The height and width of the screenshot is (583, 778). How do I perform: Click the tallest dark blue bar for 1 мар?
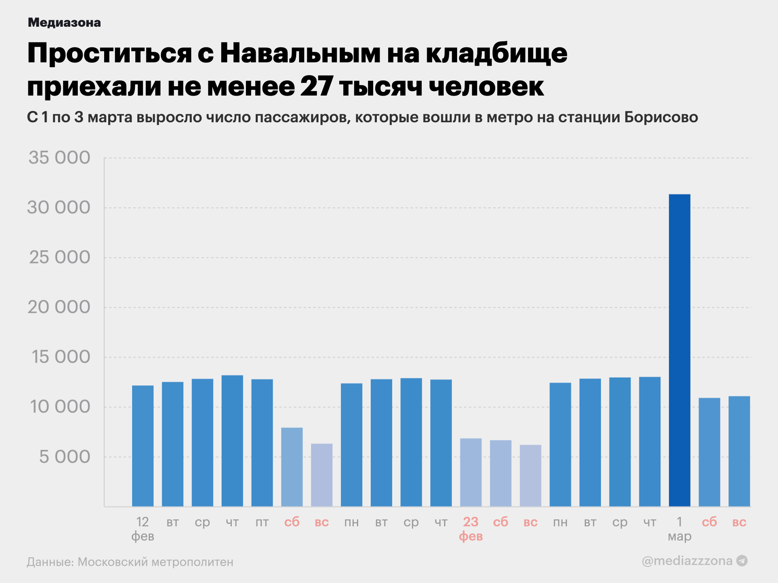[x=679, y=350]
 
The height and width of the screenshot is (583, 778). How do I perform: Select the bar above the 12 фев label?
[x=143, y=445]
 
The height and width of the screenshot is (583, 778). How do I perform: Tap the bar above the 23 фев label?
[x=470, y=472]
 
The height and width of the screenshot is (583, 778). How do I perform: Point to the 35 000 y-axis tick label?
[x=59, y=157]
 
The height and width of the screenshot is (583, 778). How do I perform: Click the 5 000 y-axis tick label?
[x=64, y=457]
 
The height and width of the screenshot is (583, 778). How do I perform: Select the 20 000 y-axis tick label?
[x=59, y=307]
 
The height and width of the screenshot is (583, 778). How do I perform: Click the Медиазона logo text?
[x=64, y=23]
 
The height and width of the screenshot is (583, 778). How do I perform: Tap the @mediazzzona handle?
[x=687, y=561]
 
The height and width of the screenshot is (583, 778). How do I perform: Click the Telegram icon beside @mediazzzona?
[x=742, y=561]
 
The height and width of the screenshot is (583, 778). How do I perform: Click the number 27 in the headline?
[x=316, y=86]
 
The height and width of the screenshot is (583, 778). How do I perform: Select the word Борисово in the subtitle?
[x=661, y=117]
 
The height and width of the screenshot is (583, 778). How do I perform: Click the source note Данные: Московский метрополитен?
[x=130, y=562]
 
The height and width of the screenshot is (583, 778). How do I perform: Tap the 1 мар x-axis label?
[x=680, y=529]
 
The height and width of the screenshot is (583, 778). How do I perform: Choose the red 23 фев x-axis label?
[x=470, y=529]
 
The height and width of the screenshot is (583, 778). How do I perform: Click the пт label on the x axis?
[x=262, y=522]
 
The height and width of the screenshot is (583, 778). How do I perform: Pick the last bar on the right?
[x=739, y=451]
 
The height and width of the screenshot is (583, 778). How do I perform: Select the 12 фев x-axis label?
[x=143, y=529]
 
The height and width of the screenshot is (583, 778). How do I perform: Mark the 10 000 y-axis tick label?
[x=60, y=407]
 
